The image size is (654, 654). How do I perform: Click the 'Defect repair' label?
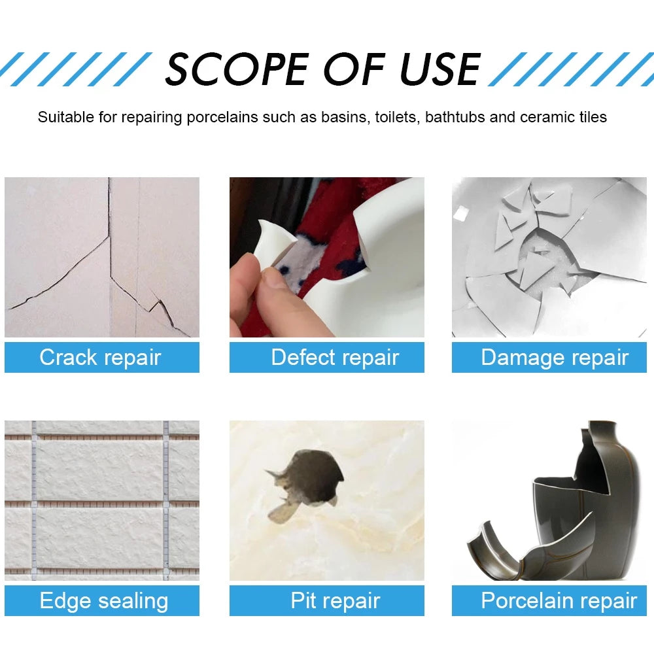pos(334,358)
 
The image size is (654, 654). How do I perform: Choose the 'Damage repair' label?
pos(554,358)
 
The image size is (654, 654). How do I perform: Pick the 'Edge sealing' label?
pos(103,601)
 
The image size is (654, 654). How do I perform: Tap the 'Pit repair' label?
pos(335,601)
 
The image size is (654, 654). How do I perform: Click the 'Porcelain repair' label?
pos(559,601)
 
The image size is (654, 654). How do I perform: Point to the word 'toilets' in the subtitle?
pos(396,118)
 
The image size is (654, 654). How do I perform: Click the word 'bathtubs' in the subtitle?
pos(455,118)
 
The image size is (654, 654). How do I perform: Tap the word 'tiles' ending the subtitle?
pos(592,118)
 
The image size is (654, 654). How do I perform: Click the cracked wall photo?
pos(102,257)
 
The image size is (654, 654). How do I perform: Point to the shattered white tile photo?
pos(549,257)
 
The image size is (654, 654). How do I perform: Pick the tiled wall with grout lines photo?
pos(102,500)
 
